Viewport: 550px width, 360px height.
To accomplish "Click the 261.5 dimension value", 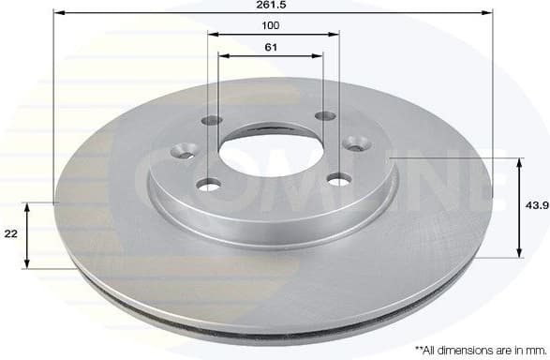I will [x=271, y=6].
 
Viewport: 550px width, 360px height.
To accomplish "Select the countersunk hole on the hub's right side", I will [x=357, y=142].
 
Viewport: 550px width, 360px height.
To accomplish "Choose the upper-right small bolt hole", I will [x=325, y=116].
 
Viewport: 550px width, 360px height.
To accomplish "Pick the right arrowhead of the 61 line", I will [x=321, y=54].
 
